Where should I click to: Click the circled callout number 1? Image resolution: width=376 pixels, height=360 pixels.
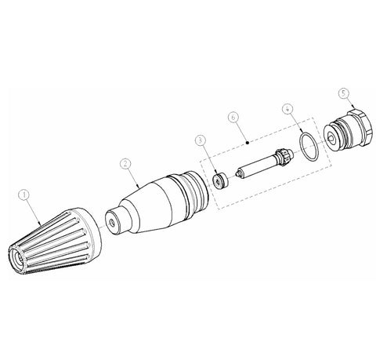(x=24, y=195)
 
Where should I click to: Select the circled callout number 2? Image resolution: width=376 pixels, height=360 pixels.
(x=125, y=164)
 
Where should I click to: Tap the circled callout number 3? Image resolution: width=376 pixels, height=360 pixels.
(x=201, y=140)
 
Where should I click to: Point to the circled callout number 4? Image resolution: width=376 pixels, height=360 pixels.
(x=287, y=108)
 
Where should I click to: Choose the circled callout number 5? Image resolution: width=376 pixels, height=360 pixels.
(x=344, y=93)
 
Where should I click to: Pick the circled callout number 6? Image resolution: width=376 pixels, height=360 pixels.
(x=233, y=117)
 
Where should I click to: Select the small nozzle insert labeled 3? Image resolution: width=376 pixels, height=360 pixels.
(x=220, y=181)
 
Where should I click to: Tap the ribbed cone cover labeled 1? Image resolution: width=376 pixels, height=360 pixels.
(x=55, y=241)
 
